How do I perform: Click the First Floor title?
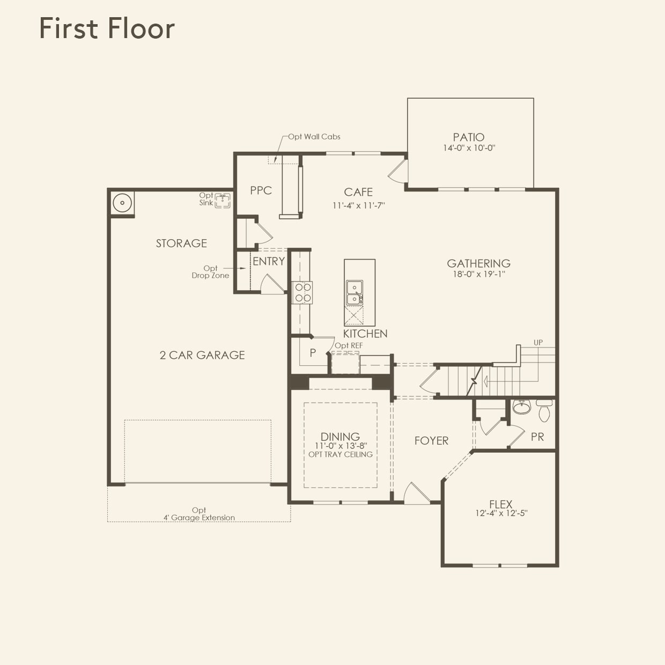pos(107,28)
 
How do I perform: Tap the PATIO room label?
pos(469,137)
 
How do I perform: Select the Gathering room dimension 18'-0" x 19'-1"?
pos(479,274)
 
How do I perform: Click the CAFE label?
pos(358,192)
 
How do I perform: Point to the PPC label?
pos(261,190)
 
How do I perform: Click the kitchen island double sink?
pos(354,292)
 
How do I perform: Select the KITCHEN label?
pos(365,334)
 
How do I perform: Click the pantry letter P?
pos(313,353)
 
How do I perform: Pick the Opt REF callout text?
pos(349,345)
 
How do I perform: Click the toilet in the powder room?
pos(544,411)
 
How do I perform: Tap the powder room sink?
pos(521,407)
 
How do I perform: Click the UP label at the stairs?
pos(538,342)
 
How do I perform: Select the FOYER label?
pos(431,441)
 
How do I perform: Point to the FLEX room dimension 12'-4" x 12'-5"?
pos(501,513)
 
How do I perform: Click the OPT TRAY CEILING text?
pos(341,454)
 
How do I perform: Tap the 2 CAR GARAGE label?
pos(202,355)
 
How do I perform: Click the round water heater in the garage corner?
pos(122,203)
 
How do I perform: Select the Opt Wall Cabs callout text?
pos(314,137)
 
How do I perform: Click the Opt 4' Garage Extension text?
pos(199,514)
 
